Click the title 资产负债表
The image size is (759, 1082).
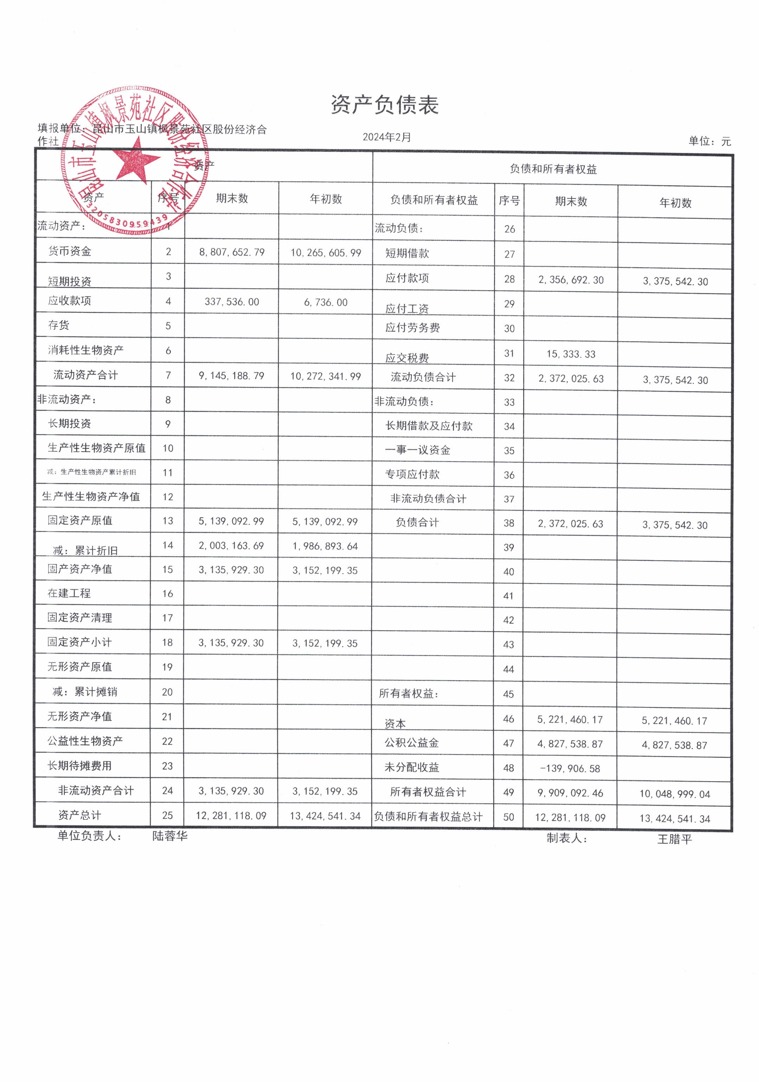point(384,105)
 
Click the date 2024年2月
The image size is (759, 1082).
point(387,137)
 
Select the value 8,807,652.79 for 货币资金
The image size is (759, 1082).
point(232,252)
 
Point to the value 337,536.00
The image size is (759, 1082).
point(232,302)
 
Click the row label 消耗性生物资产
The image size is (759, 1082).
point(85,350)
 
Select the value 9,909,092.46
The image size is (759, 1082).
point(570,793)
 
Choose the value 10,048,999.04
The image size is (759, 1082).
point(674,794)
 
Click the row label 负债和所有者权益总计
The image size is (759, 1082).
point(428,817)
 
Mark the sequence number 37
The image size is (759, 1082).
point(509,499)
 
